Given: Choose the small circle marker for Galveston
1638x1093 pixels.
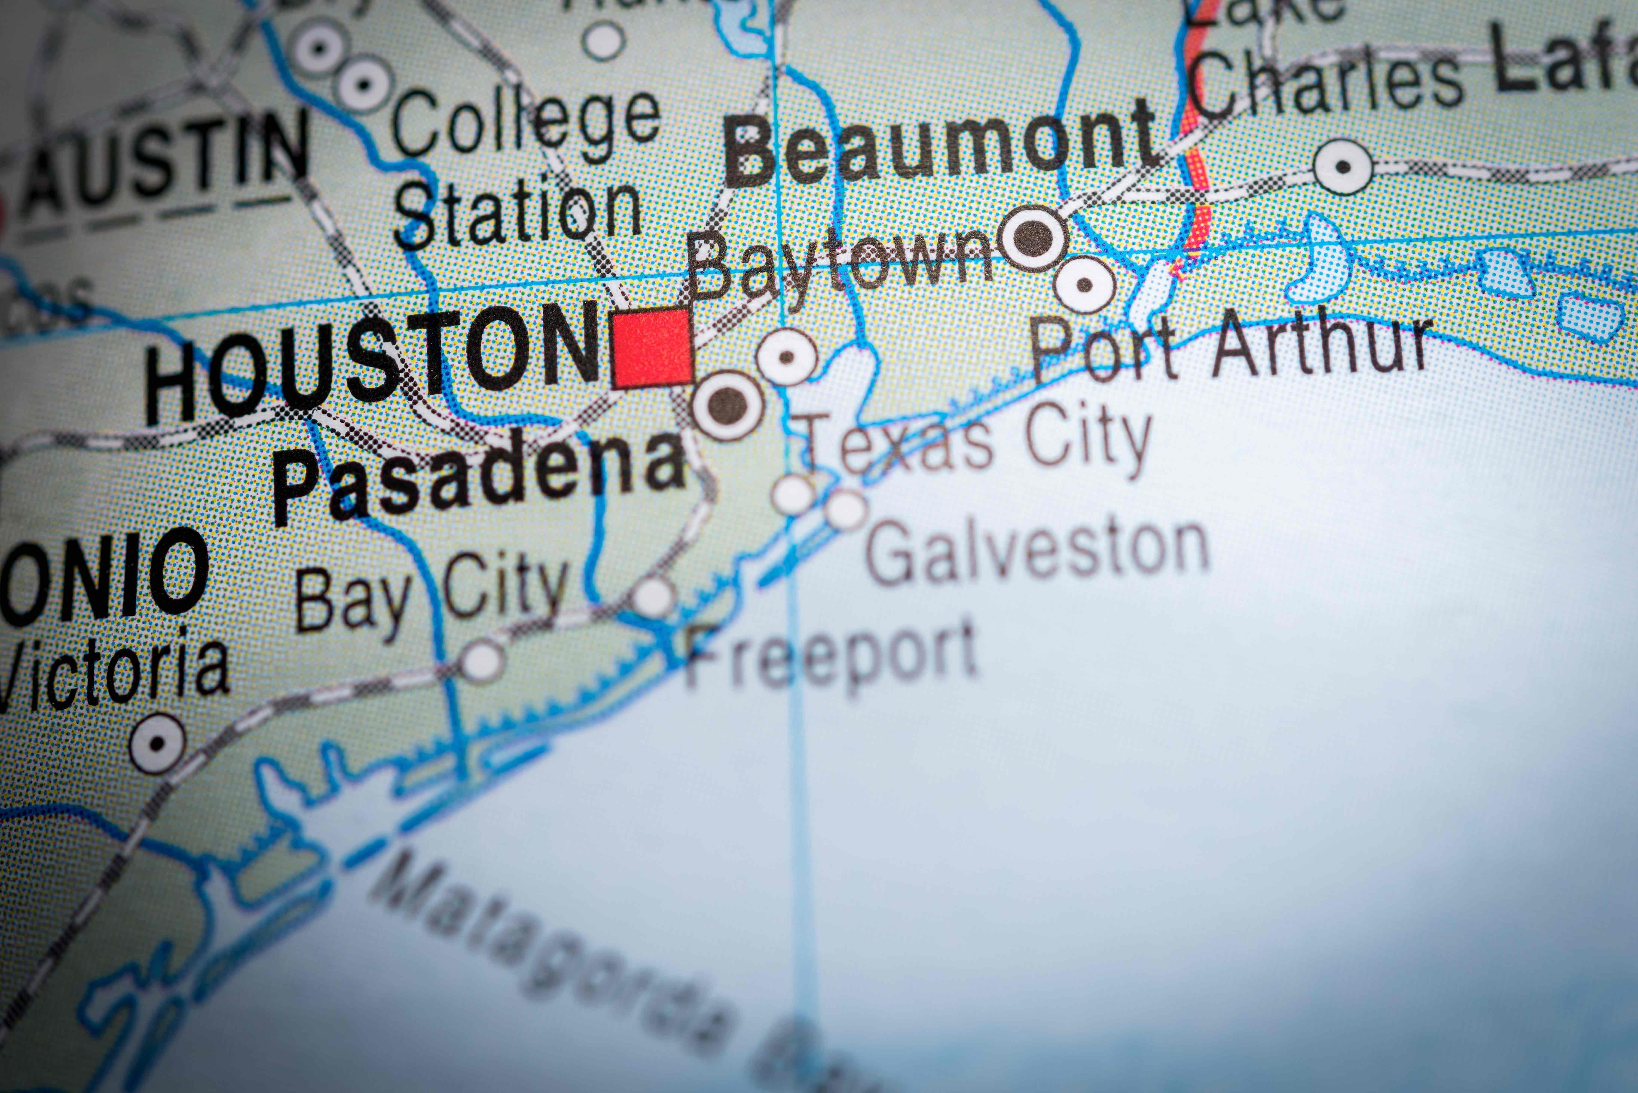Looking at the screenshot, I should [846, 509].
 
